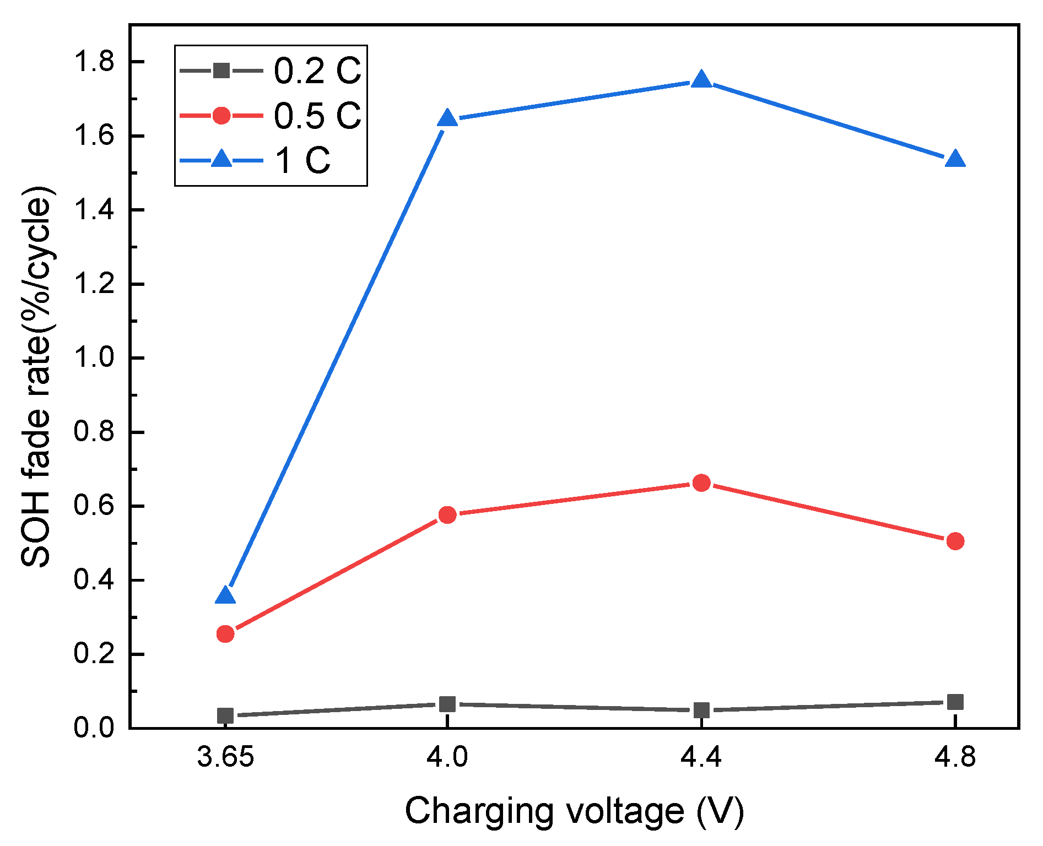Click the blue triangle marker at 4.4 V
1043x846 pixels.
701,80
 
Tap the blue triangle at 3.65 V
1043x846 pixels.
225,596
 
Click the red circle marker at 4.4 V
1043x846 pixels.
701,483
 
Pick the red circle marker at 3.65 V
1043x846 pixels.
225,634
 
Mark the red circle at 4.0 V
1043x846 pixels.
447,515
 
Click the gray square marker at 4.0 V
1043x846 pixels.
447,704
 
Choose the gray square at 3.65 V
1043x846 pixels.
225,715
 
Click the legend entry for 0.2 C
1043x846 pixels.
317,71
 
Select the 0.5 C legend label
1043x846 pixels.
317,116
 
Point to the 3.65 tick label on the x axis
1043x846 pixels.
225,758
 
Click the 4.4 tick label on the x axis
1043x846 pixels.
701,758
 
